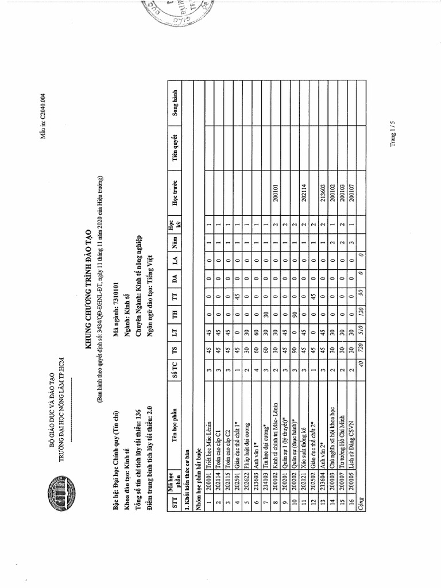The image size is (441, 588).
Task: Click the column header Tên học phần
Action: coord(175,430)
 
